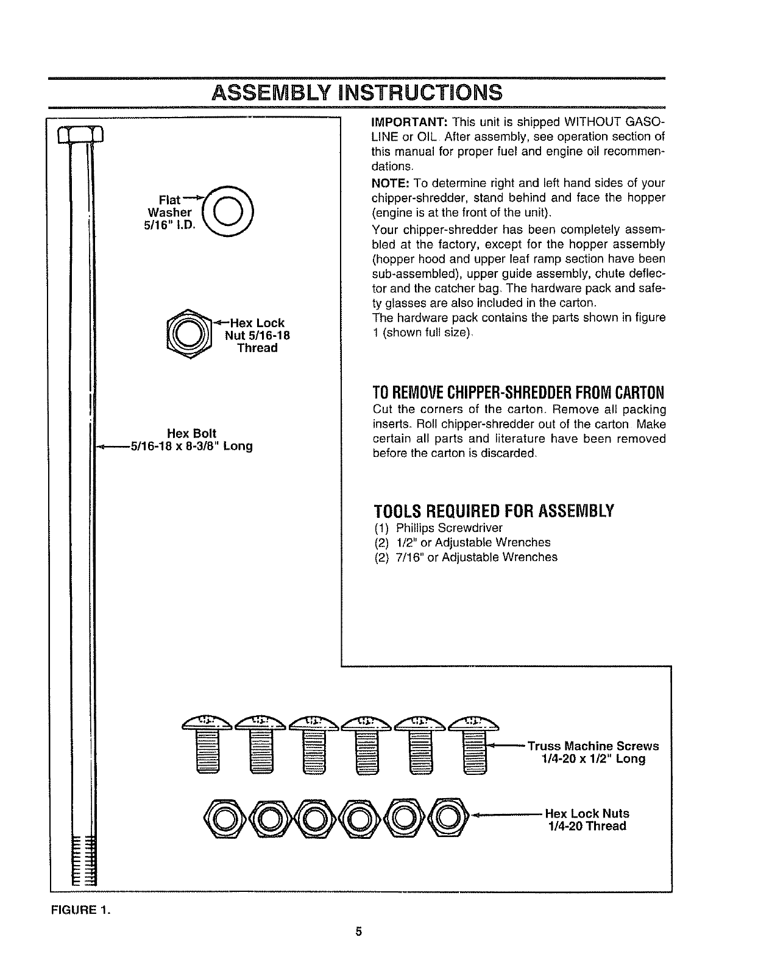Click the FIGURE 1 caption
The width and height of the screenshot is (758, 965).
pos(81,911)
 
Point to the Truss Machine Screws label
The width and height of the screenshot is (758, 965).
pos(593,746)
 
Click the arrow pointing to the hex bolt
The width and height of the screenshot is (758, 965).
pos(113,447)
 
